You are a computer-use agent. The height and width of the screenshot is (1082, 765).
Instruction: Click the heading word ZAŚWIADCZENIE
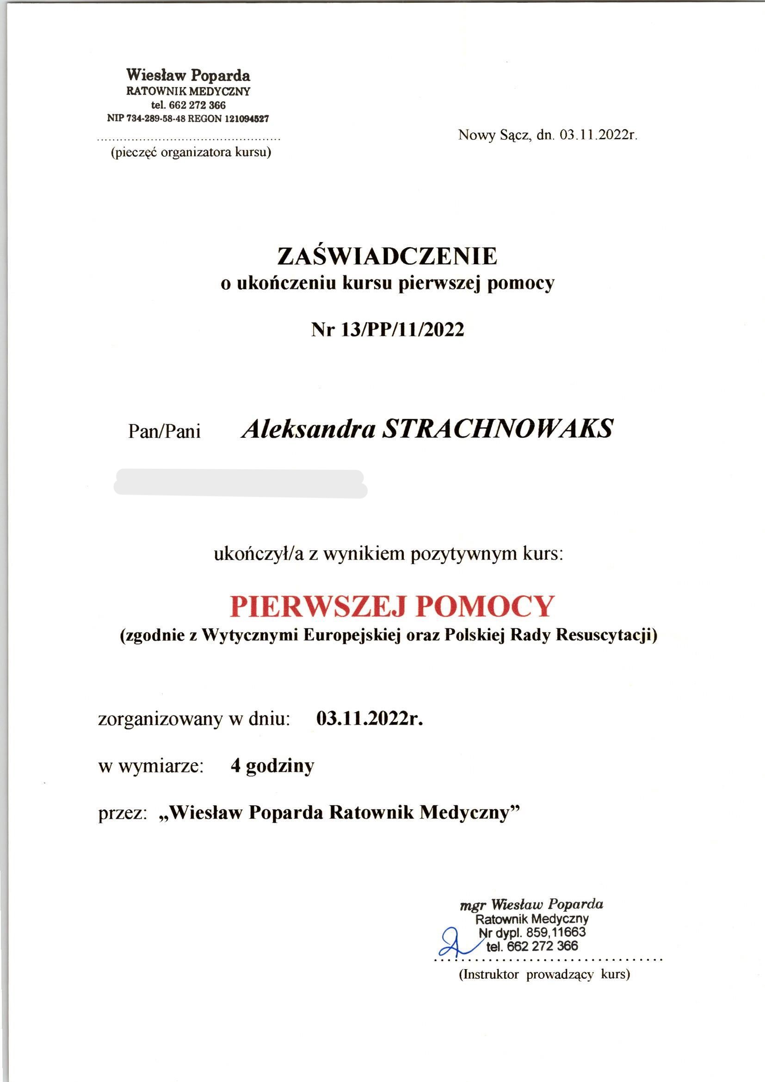(387, 256)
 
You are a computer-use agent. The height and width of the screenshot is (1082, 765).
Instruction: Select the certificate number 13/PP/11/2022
(402, 330)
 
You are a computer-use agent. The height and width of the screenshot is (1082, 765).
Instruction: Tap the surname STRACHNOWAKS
(498, 429)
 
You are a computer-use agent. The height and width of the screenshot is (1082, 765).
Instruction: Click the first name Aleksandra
(308, 429)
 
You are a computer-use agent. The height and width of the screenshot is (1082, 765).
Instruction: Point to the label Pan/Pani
(164, 431)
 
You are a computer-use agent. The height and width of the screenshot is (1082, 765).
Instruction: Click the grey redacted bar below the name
(240, 484)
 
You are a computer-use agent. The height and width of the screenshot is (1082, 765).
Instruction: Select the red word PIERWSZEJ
(315, 606)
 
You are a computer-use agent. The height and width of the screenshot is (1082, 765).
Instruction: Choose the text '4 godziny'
(272, 766)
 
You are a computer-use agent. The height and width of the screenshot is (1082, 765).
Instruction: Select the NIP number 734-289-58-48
(155, 119)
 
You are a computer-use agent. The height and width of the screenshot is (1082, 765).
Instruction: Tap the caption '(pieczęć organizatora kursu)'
(191, 153)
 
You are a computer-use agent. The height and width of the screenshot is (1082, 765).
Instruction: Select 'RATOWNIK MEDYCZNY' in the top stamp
(188, 91)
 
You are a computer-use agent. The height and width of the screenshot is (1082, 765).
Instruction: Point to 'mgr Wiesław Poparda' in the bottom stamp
(531, 904)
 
